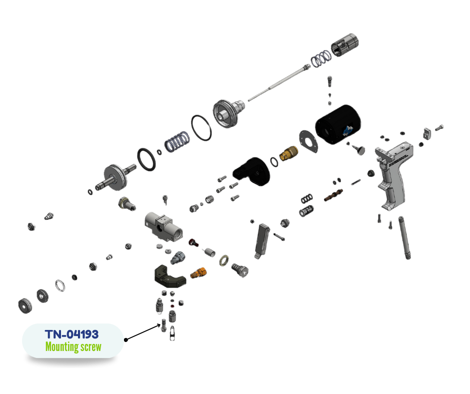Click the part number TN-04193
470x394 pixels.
[71, 334]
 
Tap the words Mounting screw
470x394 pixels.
[73, 347]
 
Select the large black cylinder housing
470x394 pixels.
[338, 124]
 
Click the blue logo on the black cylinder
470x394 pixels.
[348, 130]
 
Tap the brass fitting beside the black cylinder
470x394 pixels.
[288, 152]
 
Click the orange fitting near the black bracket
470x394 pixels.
[198, 272]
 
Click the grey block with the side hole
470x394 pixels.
[163, 226]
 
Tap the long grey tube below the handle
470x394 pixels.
[404, 237]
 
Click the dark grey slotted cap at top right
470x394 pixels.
[344, 44]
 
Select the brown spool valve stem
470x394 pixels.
[333, 195]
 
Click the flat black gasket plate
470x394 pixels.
[308, 141]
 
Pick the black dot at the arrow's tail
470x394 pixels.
[126, 339]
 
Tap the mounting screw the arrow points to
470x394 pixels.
[163, 325]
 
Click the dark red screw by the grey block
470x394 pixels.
[193, 242]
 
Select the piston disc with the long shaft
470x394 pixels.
[115, 177]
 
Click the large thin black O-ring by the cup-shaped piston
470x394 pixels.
[201, 127]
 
